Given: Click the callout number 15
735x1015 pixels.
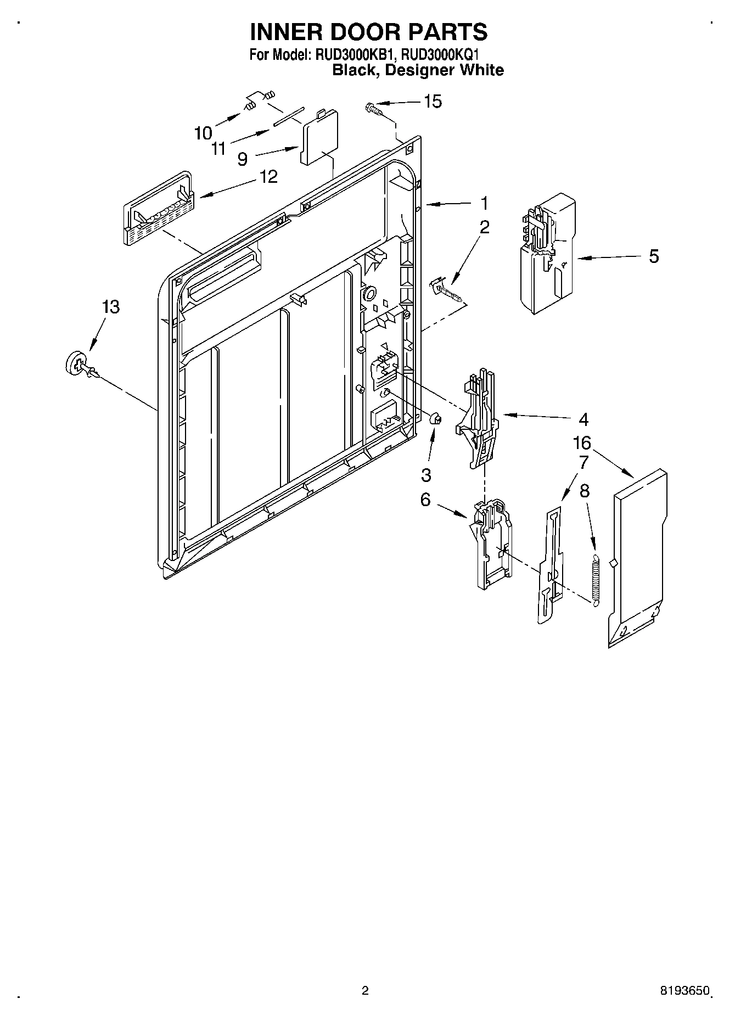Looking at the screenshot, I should tap(433, 102).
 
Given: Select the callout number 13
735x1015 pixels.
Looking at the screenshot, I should tap(110, 307).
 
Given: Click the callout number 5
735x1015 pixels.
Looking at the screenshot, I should tap(653, 256).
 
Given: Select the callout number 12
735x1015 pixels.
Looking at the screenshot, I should tap(269, 177).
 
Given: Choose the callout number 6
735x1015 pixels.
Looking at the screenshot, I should tap(425, 501).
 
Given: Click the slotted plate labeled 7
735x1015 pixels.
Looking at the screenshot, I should tap(551, 565).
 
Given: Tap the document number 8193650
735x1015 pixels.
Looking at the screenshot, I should tap(686, 991).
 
